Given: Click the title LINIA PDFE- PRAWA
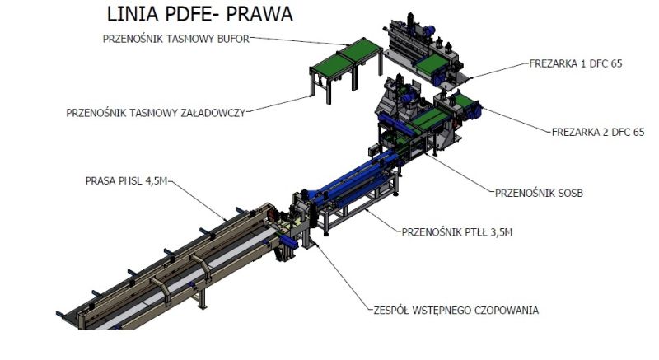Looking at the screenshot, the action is tap(200, 14).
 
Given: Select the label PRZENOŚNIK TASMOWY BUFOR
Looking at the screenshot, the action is tap(176, 39).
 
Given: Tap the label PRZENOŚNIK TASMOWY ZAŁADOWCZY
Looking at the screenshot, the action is tap(156, 113).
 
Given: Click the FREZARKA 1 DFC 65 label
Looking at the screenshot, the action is tap(576, 64).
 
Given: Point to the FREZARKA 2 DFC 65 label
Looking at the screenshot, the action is tap(598, 133).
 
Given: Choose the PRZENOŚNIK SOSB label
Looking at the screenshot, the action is tap(540, 194).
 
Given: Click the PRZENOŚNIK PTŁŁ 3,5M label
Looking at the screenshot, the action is tap(457, 232).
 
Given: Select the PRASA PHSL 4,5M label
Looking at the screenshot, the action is tap(127, 181).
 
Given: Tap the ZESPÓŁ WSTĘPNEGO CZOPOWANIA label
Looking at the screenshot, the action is tap(456, 311).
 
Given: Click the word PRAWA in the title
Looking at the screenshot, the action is tap(259, 14).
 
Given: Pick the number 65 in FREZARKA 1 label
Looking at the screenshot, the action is tap(616, 64).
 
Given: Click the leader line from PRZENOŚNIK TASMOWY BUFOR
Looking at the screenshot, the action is tap(299, 41).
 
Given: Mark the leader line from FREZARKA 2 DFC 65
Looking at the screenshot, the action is tap(516, 120).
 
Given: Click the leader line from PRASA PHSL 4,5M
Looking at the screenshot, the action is tap(198, 200).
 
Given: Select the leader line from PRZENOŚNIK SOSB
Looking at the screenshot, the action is tap(460, 173).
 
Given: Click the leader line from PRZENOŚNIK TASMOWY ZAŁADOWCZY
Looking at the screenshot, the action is tap(278, 104).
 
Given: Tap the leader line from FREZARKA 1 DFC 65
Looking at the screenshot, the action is tap(500, 71).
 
